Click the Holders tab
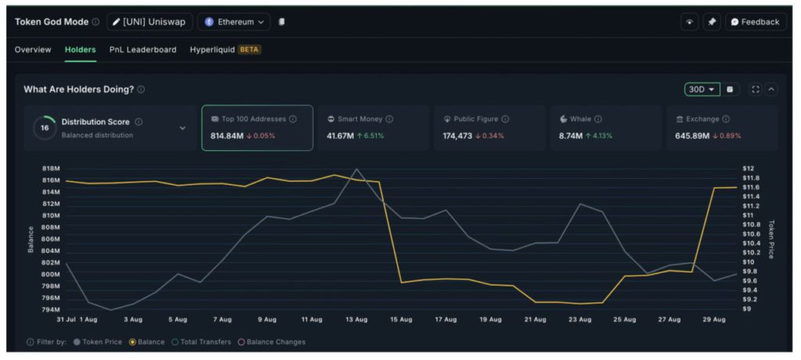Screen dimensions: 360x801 (x=80, y=49)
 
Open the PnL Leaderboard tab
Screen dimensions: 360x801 (x=142, y=49)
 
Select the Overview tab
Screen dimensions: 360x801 (x=33, y=49)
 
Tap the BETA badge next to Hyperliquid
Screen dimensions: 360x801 (x=250, y=49)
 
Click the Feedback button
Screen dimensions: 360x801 (x=755, y=22)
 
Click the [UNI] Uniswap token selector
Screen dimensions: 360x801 (x=148, y=22)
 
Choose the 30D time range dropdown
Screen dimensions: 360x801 (x=701, y=89)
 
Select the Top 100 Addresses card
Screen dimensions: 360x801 (x=257, y=127)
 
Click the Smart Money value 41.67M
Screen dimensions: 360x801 (x=340, y=136)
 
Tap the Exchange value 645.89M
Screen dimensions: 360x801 (x=692, y=136)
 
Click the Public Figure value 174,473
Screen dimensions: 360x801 (x=458, y=136)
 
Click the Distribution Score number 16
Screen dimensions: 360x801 (x=45, y=128)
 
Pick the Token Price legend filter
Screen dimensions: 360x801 (x=98, y=342)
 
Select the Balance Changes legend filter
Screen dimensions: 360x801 (x=271, y=342)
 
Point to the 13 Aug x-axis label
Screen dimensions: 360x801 (x=356, y=319)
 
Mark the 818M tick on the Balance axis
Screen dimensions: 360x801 (x=51, y=168)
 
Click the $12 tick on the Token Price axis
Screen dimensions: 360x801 (x=747, y=168)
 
